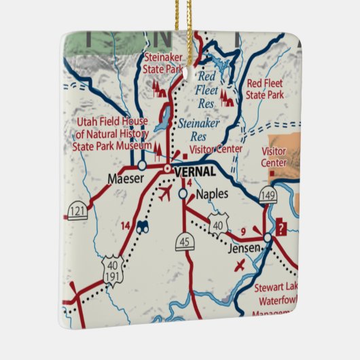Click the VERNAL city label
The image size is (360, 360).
[x=195, y=172]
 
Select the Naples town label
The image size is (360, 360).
[x=212, y=194]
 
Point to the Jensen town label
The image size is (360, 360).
[x=243, y=248]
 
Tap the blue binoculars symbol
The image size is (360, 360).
[x=142, y=229]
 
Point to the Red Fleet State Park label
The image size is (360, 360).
[x=265, y=89]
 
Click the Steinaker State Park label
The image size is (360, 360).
[x=162, y=62]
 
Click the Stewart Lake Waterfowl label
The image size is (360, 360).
[x=274, y=297]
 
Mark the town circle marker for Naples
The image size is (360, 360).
[x=183, y=194]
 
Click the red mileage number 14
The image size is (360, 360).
[x=125, y=225]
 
